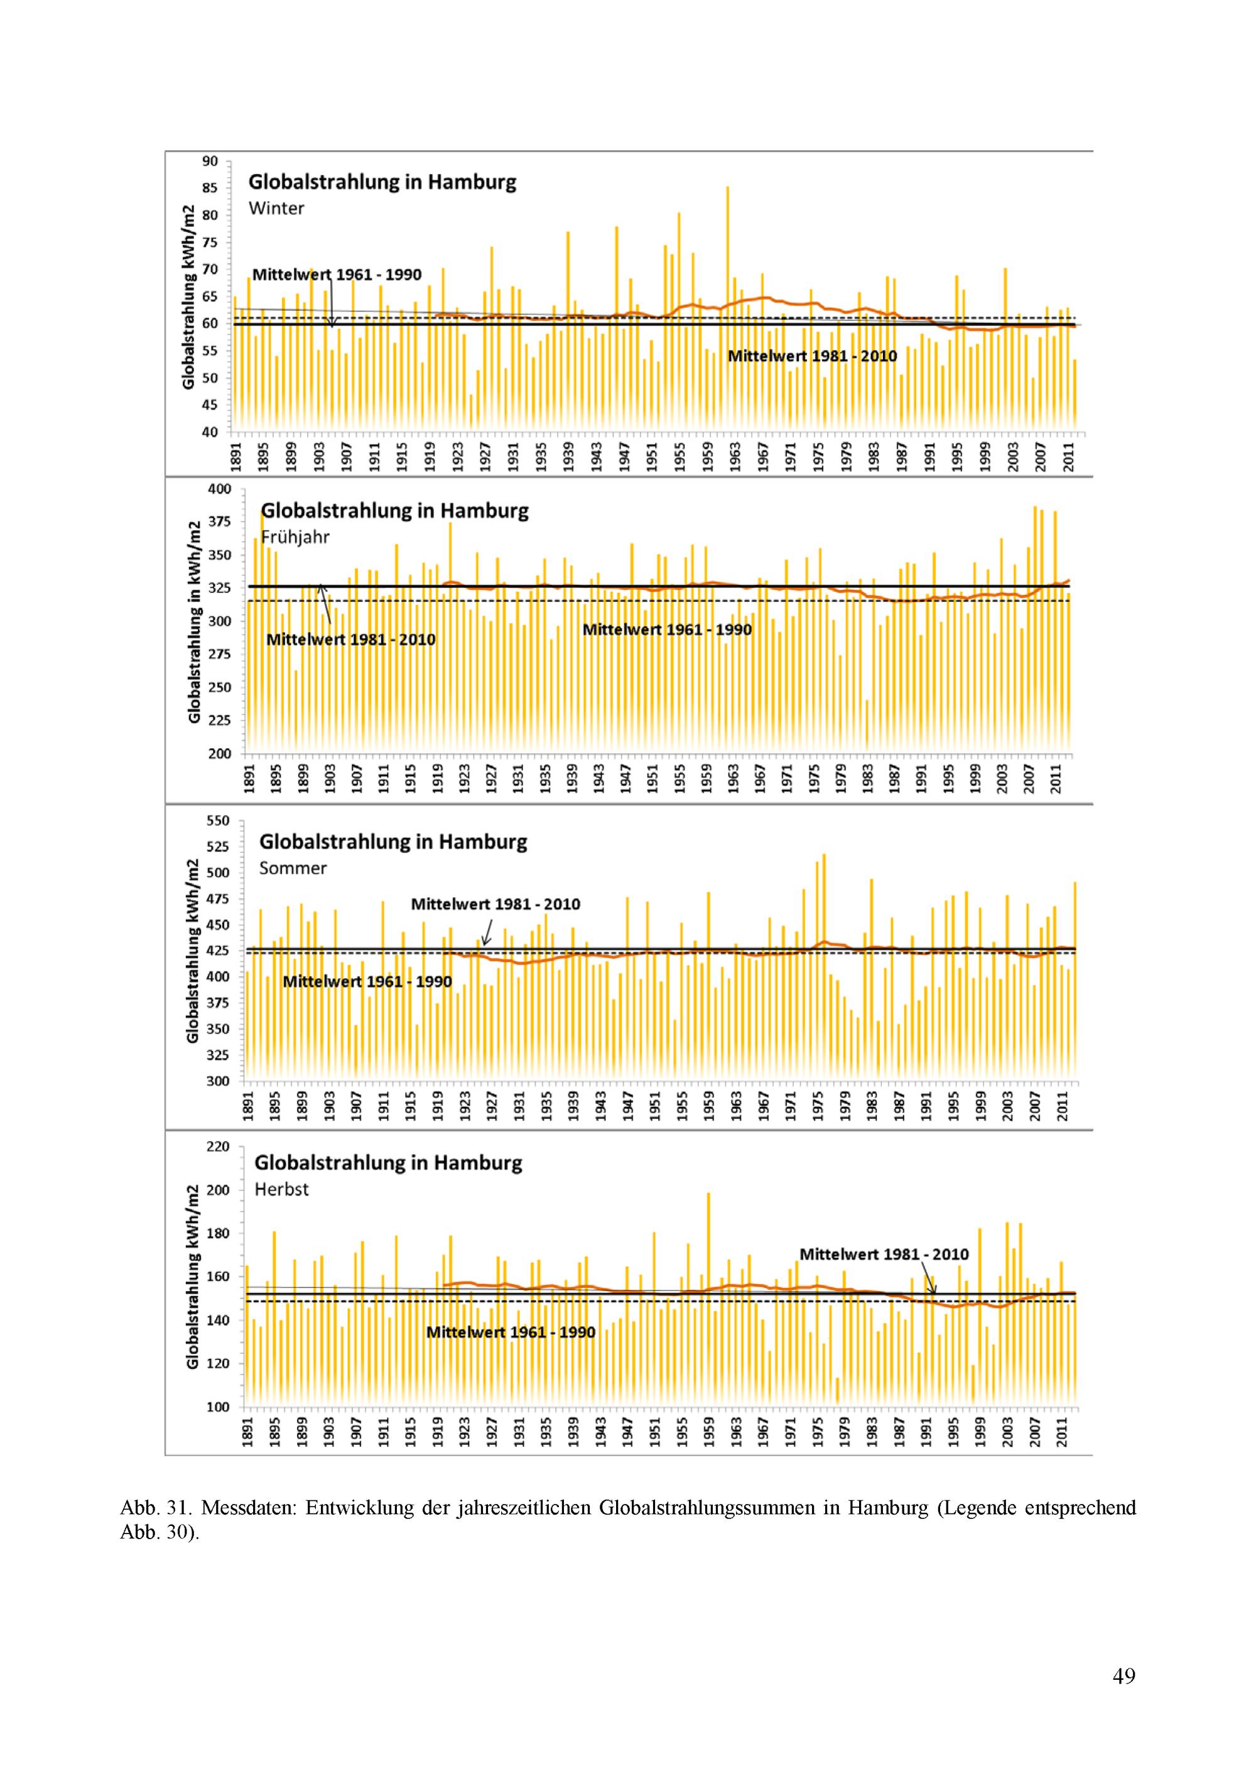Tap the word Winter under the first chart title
[x=276, y=208]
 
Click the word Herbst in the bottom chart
[x=281, y=1189]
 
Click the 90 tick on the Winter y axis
[x=210, y=161]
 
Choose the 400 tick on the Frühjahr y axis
[x=219, y=489]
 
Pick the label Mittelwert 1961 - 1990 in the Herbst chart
[x=511, y=1332]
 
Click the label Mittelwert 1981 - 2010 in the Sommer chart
[x=495, y=904]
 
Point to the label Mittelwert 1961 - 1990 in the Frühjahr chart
[x=667, y=629]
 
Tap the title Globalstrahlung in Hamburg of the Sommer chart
[x=393, y=842]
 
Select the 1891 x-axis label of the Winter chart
[x=236, y=455]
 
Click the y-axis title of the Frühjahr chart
[x=194, y=622]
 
